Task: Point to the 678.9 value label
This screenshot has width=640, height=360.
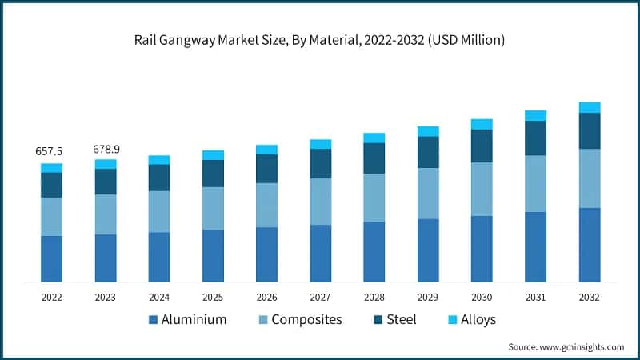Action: click(x=105, y=149)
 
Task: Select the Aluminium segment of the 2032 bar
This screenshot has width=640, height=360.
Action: click(x=590, y=244)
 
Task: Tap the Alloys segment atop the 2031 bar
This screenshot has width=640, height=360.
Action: click(x=535, y=115)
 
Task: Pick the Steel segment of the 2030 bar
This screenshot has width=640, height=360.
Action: click(x=482, y=146)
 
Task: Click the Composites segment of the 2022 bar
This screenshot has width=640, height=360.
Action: click(x=51, y=216)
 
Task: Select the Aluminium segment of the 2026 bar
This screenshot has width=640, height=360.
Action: click(x=266, y=254)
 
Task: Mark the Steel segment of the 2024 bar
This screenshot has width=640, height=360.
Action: click(x=159, y=178)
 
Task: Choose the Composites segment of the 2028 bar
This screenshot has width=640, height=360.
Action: click(x=374, y=198)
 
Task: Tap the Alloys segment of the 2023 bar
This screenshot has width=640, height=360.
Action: click(x=105, y=164)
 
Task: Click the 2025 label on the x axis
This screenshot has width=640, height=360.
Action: click(x=213, y=297)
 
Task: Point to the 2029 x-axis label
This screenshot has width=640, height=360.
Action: click(x=428, y=297)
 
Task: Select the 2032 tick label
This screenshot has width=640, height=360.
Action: click(x=590, y=297)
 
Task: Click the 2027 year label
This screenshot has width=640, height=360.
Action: click(x=320, y=297)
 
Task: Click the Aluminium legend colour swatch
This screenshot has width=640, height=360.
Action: click(x=153, y=320)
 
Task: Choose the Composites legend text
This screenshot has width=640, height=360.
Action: click(x=306, y=320)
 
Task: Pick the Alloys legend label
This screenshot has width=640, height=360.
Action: click(x=478, y=320)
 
